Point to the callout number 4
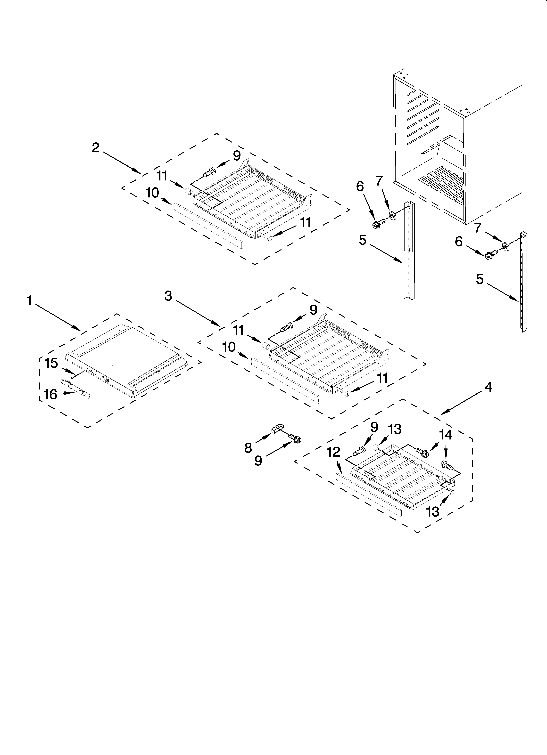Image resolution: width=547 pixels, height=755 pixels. (x=488, y=387)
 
